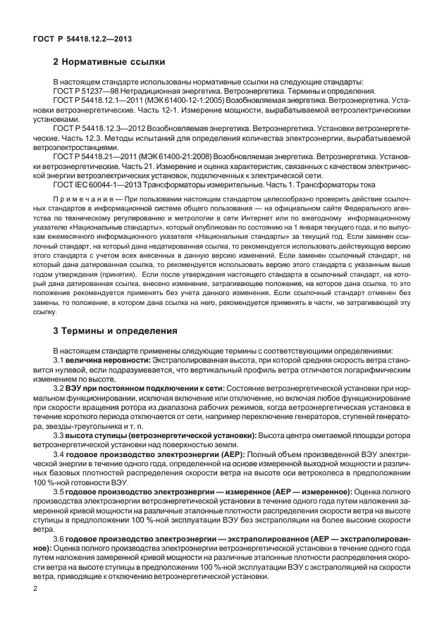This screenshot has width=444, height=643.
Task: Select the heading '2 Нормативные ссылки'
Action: pos(109,62)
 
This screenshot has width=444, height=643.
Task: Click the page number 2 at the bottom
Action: pos(35,587)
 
